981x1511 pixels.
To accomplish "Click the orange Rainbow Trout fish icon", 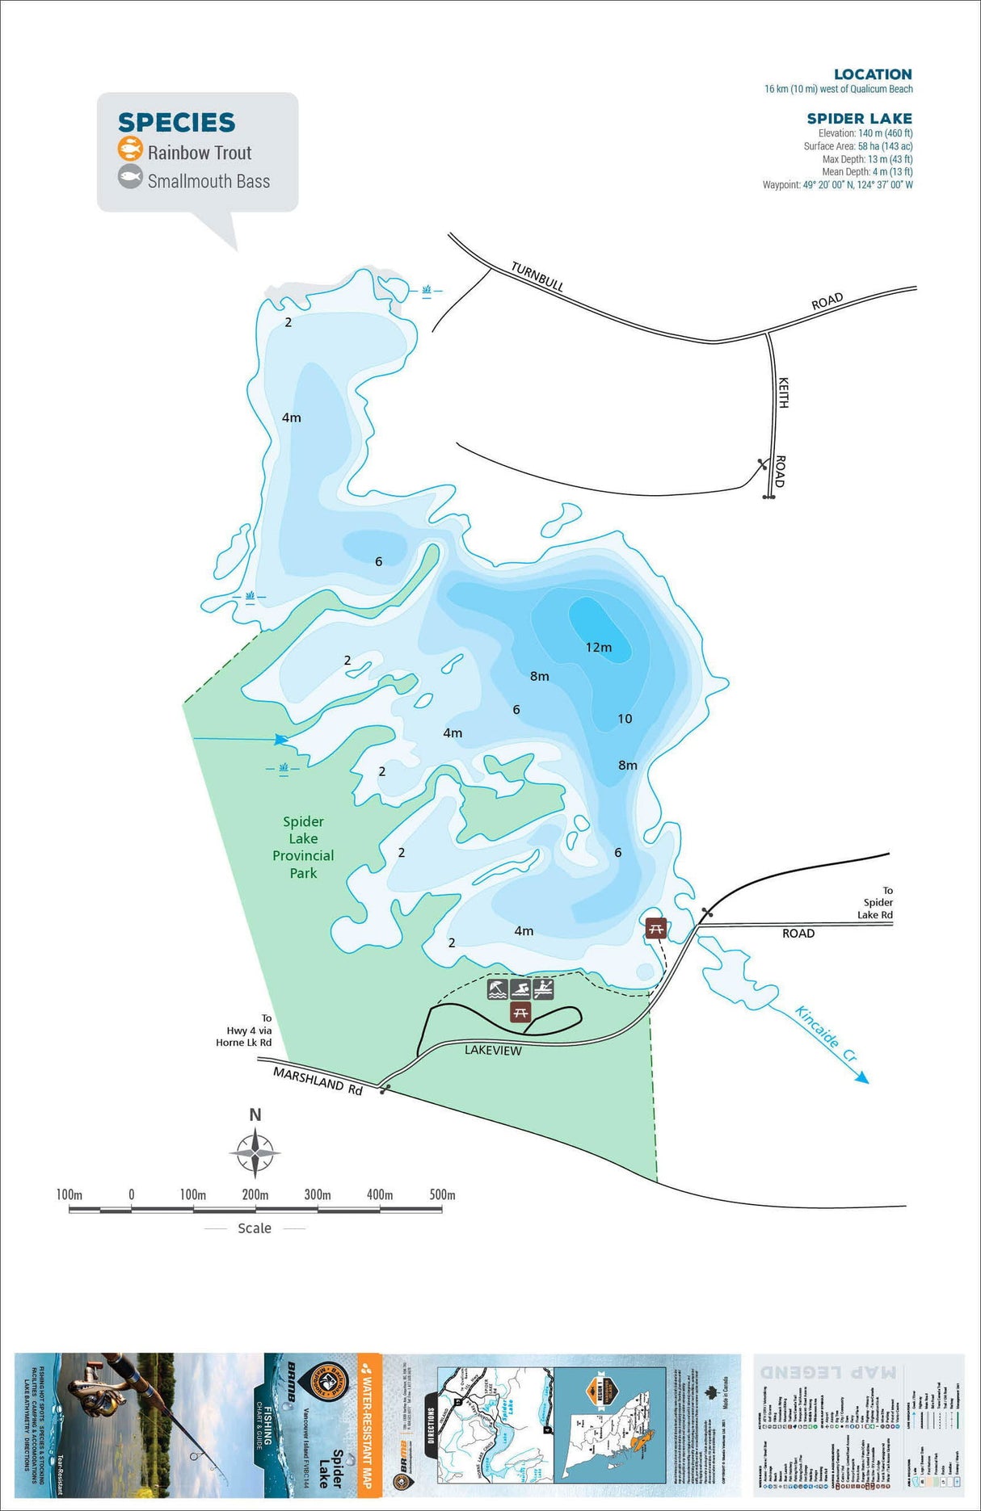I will pos(130,149).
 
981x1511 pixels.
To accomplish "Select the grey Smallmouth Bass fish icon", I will pos(130,178).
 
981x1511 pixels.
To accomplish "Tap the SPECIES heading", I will pos(176,123).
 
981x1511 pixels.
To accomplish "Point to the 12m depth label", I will pos(599,647).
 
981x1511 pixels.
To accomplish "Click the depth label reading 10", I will pos(625,719).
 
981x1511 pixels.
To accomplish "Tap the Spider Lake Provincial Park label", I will pos(303,847).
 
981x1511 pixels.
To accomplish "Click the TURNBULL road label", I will pos(537,277).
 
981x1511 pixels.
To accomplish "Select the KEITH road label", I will pos(782,392).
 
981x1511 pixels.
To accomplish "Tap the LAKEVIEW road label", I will pos(493,1051).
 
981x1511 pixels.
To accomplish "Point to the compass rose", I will pos(255,1152).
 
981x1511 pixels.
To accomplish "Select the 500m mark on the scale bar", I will pos(442,1194).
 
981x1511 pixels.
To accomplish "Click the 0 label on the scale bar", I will pos(132,1194).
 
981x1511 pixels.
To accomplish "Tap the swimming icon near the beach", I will pos(520,988).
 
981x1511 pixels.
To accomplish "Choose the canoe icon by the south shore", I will pos(543,988).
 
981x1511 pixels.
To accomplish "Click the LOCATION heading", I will pos(873,74).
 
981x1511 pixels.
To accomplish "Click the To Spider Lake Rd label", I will pos(878,902).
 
